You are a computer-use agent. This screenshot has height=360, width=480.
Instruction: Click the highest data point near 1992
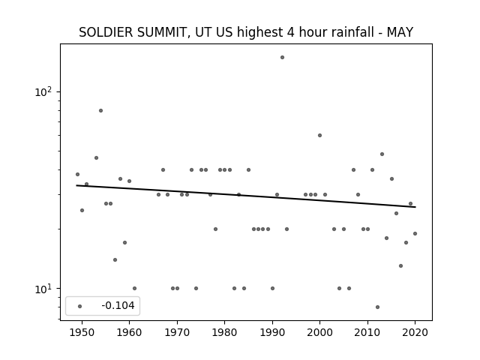[x=282, y=57]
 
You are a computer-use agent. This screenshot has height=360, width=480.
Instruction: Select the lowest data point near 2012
[x=377, y=307]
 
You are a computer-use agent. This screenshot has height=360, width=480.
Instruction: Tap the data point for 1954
[x=100, y=110]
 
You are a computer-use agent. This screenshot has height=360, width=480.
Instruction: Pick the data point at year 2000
[x=320, y=135]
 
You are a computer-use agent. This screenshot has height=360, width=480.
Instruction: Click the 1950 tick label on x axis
[x=82, y=332]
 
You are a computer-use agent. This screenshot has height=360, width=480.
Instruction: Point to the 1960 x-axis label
[x=129, y=332]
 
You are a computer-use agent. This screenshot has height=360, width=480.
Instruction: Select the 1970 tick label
[x=177, y=332]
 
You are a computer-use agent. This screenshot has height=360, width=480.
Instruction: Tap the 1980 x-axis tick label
[x=224, y=332]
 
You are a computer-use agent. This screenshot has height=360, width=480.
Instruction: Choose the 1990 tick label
[x=272, y=332]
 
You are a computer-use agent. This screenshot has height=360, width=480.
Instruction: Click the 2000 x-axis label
[x=320, y=332]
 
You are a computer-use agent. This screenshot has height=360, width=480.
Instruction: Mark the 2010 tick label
[x=367, y=332]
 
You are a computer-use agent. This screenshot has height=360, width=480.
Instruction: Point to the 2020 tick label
[x=415, y=332]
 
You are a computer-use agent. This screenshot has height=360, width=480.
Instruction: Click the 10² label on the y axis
[x=43, y=91]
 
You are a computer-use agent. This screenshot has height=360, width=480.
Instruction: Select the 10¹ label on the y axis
[x=43, y=288]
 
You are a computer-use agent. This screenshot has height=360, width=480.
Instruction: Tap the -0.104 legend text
[x=118, y=305]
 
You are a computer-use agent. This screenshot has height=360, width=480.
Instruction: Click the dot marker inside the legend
[x=80, y=306]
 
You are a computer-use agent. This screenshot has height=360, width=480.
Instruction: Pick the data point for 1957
[x=115, y=260]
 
